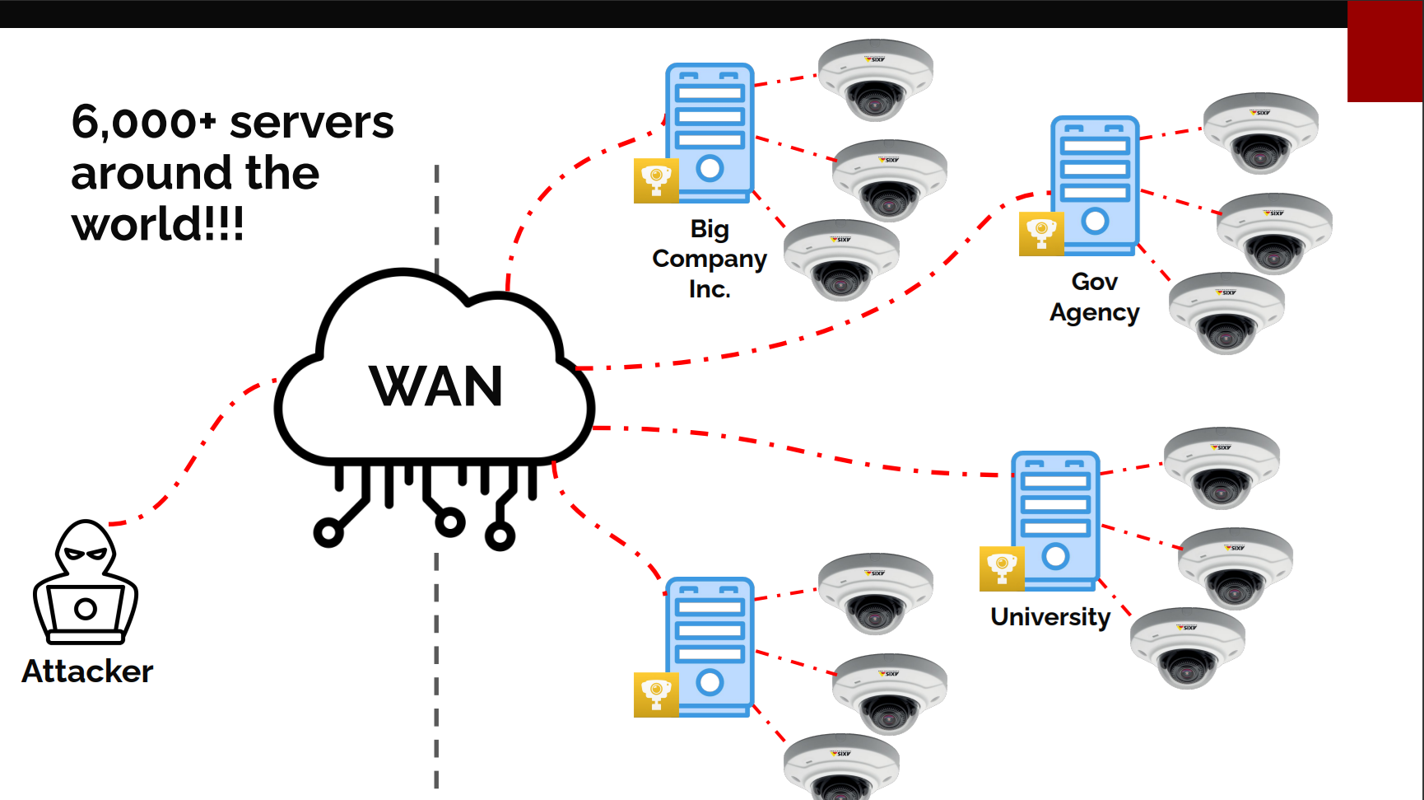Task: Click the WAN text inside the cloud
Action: coord(435,386)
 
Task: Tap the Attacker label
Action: coord(87,671)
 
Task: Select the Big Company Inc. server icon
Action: coord(710,132)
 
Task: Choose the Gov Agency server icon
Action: coord(1095,185)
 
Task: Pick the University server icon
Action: coord(1055,520)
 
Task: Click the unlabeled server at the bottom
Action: coord(710,646)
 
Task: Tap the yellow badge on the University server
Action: coord(1002,568)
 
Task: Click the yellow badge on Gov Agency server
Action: coord(1041,233)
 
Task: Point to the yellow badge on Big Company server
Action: coord(656,180)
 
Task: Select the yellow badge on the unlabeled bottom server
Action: coord(656,695)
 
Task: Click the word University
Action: coord(1050,617)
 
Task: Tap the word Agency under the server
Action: coord(1094,313)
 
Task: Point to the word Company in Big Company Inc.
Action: coord(710,259)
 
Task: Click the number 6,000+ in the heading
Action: coord(143,123)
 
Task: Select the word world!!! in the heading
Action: coord(157,224)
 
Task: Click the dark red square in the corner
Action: coord(1384,51)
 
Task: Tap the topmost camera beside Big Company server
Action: coord(875,79)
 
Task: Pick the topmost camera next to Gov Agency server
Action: coord(1260,132)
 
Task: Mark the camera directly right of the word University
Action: coord(1187,648)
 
